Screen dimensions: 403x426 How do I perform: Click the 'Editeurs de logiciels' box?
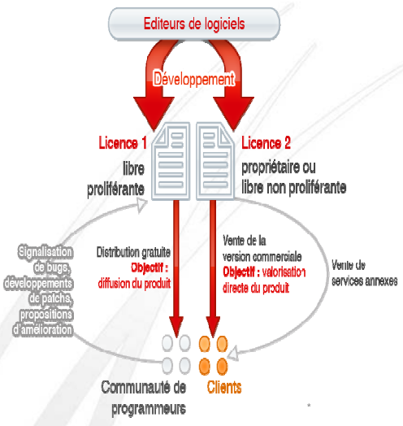point(194,24)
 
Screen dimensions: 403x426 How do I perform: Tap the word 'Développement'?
point(194,79)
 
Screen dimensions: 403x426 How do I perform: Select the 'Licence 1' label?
point(123,143)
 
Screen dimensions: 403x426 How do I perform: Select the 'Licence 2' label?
point(266,143)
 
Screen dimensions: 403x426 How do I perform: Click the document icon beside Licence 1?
point(171,162)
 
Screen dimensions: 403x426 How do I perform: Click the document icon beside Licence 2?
point(215,162)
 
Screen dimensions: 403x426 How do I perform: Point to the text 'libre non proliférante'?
point(294,188)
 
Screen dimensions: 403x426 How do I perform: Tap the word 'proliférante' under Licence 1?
point(115,189)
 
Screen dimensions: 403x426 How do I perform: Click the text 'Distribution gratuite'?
point(133,252)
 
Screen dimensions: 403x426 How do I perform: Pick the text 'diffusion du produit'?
point(134,284)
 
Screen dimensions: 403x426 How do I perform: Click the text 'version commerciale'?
point(262,256)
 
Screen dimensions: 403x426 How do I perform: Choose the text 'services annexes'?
point(365,280)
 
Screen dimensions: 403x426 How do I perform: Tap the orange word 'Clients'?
point(224,387)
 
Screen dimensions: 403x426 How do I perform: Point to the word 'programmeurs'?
point(149,408)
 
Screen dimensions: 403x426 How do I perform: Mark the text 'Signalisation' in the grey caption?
point(45,251)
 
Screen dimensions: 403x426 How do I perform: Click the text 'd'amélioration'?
point(42,329)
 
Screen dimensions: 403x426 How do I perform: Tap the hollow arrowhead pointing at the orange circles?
point(233,354)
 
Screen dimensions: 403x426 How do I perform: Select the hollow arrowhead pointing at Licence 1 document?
point(141,205)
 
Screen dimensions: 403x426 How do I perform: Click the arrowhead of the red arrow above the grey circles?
point(176,327)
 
